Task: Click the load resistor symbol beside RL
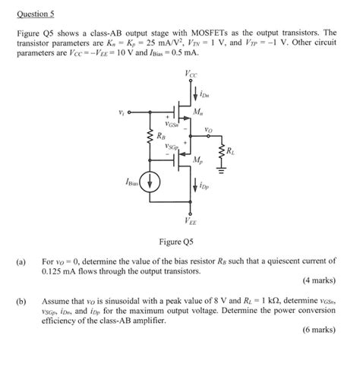222,152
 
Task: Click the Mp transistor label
197,161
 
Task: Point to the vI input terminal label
122,114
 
